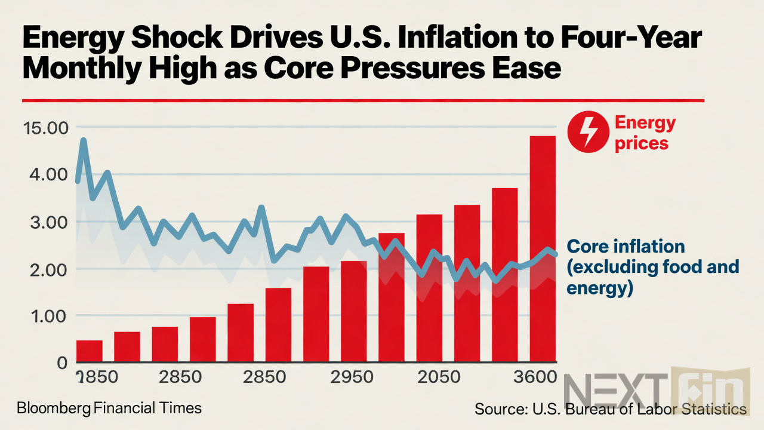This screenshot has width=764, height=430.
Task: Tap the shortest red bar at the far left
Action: click(x=89, y=351)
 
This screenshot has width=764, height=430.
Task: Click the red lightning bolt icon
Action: click(x=587, y=133)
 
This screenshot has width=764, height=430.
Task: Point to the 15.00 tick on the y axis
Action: click(x=46, y=128)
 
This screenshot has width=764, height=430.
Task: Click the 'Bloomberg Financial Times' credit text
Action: click(x=109, y=408)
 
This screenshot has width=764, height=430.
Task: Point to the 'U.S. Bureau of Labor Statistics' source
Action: click(x=633, y=409)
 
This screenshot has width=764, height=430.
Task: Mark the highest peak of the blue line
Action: click(x=83, y=141)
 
